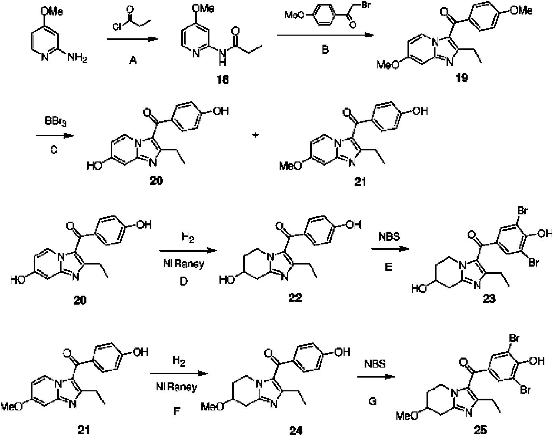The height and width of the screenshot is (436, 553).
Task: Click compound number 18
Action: click(x=222, y=80)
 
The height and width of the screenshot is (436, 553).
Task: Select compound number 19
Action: click(x=462, y=77)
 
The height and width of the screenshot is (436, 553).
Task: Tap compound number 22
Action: click(x=295, y=297)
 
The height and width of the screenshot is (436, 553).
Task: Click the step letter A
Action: click(x=133, y=60)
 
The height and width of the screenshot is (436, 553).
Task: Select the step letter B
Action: click(x=325, y=49)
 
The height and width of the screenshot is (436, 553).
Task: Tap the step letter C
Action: click(x=54, y=149)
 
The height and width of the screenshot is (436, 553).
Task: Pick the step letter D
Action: click(x=184, y=281)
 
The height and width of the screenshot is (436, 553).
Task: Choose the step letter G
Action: click(x=373, y=401)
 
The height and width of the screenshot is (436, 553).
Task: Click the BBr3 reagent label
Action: click(x=56, y=121)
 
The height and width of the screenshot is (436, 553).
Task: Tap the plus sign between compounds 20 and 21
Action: click(x=255, y=135)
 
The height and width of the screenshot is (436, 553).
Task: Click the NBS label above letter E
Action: click(x=390, y=236)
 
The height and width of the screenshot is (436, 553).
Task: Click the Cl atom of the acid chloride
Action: click(x=117, y=27)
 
